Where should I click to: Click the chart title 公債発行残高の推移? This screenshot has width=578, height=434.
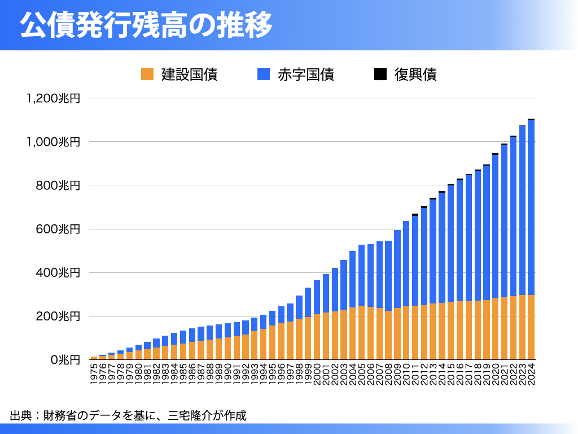(146, 26)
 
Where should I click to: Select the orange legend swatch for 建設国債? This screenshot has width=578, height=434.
(147, 74)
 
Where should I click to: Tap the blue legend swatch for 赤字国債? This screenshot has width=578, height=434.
(264, 74)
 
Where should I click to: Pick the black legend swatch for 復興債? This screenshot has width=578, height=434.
(380, 74)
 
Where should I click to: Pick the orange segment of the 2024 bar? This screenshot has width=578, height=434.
(531, 327)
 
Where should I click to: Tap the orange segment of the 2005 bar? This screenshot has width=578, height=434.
(362, 333)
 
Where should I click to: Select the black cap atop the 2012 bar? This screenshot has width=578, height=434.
(424, 207)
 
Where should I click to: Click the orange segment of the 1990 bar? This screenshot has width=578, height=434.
(228, 349)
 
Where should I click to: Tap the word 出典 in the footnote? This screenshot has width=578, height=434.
(19, 416)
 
